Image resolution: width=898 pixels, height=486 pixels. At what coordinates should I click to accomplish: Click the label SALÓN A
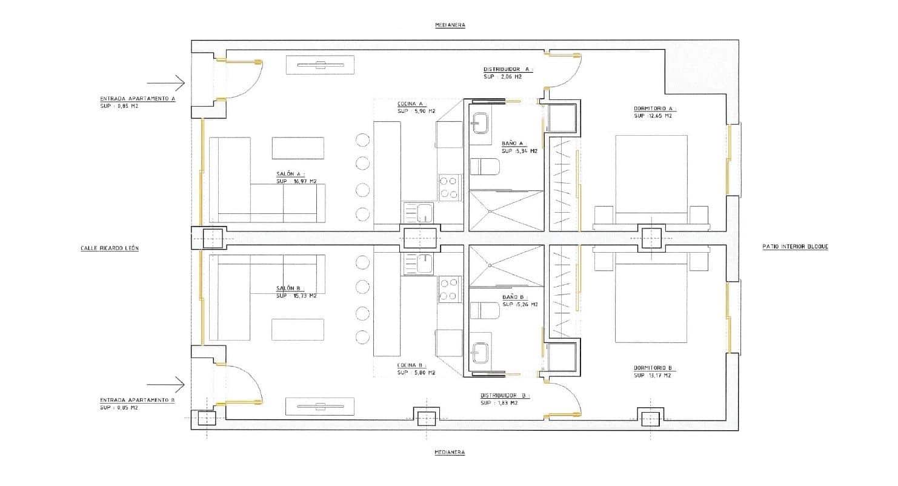[289, 174]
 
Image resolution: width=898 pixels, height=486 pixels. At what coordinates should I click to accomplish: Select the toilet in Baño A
[485, 167]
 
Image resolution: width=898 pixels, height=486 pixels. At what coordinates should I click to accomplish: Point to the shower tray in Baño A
[507, 210]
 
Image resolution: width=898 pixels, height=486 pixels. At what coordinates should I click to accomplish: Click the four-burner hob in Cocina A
[448, 187]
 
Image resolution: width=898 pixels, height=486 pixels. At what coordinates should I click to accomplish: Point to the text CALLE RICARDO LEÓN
[110, 248]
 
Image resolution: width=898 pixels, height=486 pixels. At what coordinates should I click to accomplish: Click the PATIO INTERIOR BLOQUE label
[795, 247]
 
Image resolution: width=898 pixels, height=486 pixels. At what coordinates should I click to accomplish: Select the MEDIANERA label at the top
[449, 25]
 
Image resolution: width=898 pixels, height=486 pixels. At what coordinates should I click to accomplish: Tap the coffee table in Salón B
[298, 329]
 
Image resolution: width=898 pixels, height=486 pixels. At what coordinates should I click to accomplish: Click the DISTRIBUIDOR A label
[507, 69]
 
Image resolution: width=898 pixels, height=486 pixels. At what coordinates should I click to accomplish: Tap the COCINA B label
[411, 365]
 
